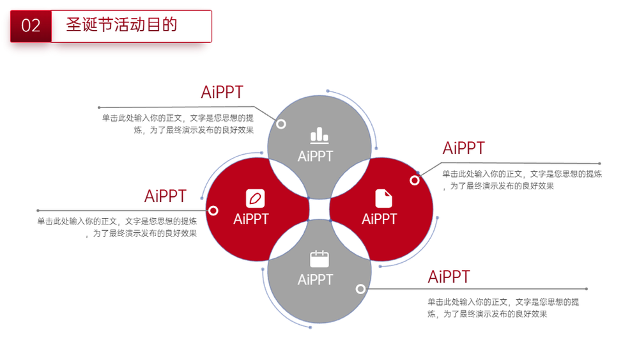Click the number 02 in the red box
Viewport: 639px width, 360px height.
pyautogui.click(x=31, y=26)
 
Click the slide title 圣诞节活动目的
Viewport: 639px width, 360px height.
pyautogui.click(x=121, y=24)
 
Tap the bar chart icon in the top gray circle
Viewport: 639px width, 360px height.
pyautogui.click(x=319, y=136)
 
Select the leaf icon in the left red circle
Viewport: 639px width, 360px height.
pyautogui.click(x=255, y=199)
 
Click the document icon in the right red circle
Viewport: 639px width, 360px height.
pyautogui.click(x=383, y=199)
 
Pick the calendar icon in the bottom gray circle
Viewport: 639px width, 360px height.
pyautogui.click(x=319, y=259)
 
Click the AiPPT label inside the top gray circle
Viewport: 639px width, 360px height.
pyautogui.click(x=316, y=156)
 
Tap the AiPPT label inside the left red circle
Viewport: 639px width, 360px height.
pyautogui.click(x=251, y=219)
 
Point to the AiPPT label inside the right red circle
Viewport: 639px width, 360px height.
pyautogui.click(x=380, y=219)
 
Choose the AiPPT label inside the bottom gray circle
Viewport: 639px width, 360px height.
pyautogui.click(x=316, y=279)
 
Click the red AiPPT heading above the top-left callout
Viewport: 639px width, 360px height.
pyautogui.click(x=222, y=92)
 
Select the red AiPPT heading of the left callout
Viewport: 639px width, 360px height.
pyautogui.click(x=166, y=196)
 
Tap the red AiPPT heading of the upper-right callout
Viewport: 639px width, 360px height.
pyautogui.click(x=464, y=148)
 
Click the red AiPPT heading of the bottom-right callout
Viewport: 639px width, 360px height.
pyautogui.click(x=449, y=277)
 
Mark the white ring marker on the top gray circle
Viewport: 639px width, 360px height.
pyautogui.click(x=281, y=124)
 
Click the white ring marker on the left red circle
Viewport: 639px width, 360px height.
pyautogui.click(x=213, y=210)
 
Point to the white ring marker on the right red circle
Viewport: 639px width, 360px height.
pyautogui.click(x=415, y=180)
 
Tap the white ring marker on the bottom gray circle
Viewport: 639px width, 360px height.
pyautogui.click(x=360, y=289)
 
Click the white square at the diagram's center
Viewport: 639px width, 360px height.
pyautogui.click(x=319, y=210)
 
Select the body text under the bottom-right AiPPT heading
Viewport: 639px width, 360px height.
pyautogui.click(x=503, y=308)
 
